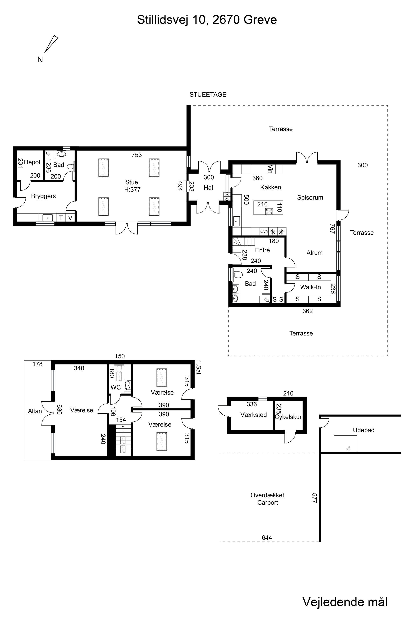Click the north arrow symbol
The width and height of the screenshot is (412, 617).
point(51,44)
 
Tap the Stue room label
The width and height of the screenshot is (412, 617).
point(132,182)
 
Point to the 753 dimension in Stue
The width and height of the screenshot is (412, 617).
point(137,155)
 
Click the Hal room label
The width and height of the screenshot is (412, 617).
point(208,188)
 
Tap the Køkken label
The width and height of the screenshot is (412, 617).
point(271,187)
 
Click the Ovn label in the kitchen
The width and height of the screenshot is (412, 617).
point(264,231)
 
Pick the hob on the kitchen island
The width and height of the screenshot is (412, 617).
point(269,211)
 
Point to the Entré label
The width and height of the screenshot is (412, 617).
point(262,250)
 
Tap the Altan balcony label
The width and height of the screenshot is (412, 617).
point(35,411)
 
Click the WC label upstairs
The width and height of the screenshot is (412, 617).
point(116,387)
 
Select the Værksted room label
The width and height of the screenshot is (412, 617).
point(254,415)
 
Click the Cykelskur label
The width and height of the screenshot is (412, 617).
point(288,417)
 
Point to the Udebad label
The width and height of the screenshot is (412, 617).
point(364,430)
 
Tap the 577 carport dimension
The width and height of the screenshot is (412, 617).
point(315,498)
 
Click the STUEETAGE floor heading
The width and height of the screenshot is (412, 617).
point(208,94)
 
